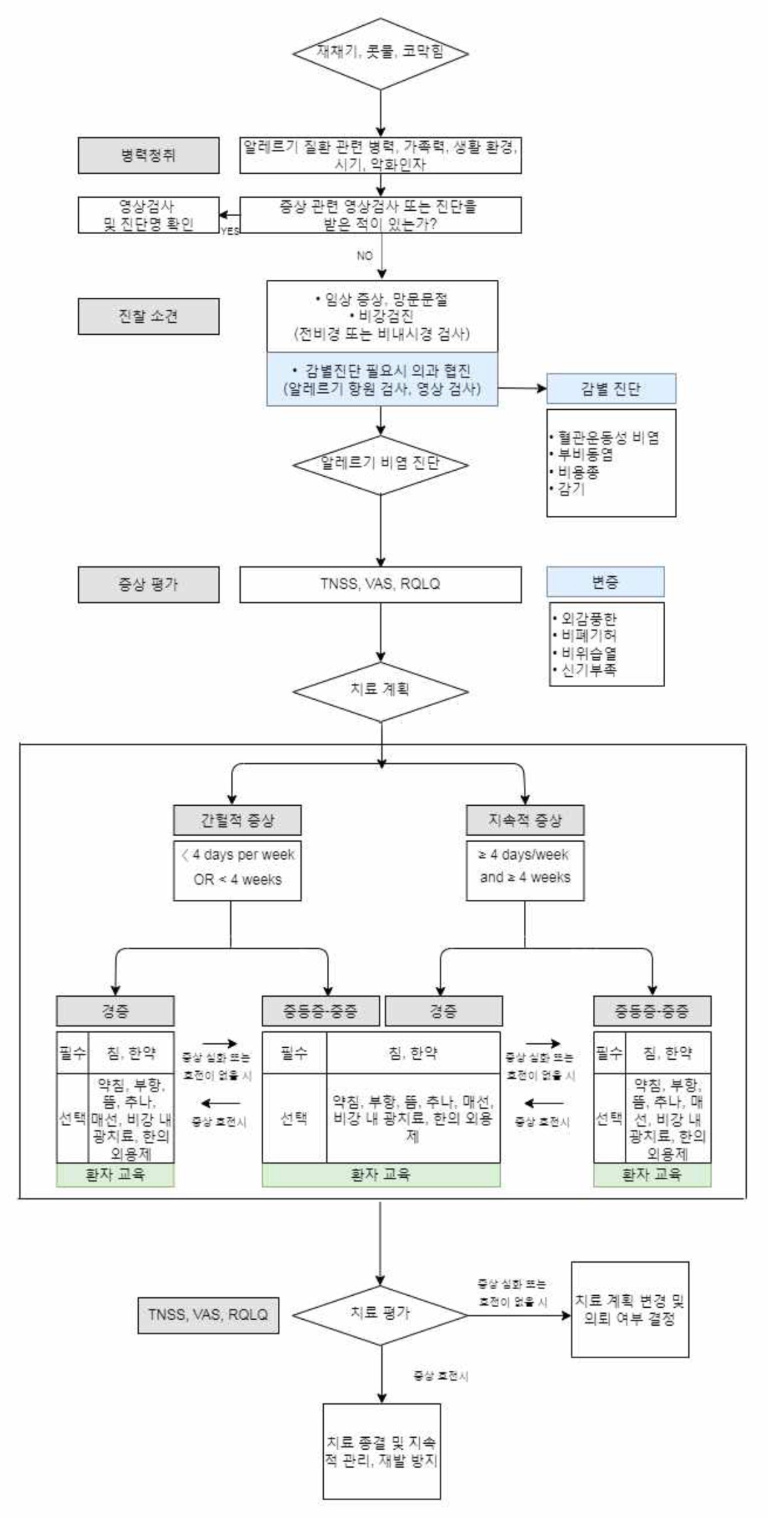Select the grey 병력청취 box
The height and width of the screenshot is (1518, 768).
pyautogui.click(x=149, y=155)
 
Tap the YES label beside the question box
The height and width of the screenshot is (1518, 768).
pyautogui.click(x=230, y=231)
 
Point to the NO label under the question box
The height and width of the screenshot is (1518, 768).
pyautogui.click(x=365, y=255)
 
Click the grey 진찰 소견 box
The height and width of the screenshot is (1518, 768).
pyautogui.click(x=149, y=316)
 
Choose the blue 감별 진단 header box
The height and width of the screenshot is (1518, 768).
pyautogui.click(x=611, y=388)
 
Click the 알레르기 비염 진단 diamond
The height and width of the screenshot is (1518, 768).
pyautogui.click(x=381, y=464)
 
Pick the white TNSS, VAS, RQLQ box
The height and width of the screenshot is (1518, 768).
pyautogui.click(x=380, y=584)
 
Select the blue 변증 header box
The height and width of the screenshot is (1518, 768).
pyautogui.click(x=606, y=582)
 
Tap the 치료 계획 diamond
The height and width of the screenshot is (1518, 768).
pyautogui.click(x=381, y=690)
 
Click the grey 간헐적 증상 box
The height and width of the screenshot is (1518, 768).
pyautogui.click(x=237, y=820)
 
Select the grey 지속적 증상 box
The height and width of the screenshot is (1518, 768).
pyautogui.click(x=525, y=820)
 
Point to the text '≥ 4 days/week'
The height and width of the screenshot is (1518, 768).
pyautogui.click(x=525, y=854)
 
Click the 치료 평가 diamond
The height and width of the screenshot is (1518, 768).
pyautogui.click(x=381, y=1312)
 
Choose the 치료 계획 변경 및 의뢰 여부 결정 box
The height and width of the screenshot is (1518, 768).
pyautogui.click(x=629, y=1309)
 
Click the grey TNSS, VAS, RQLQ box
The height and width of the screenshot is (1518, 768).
pyautogui.click(x=208, y=1314)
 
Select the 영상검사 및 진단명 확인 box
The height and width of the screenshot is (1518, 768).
pyautogui.click(x=149, y=215)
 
